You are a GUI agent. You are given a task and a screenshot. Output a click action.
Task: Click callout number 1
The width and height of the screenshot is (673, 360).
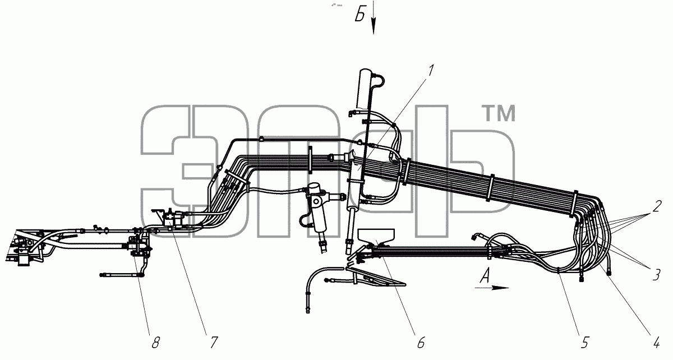pos(431,71)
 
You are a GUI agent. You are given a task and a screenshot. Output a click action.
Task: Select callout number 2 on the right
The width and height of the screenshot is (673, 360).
pos(657,206)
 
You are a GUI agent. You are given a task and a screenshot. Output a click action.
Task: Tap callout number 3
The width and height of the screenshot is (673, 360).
pos(656,275)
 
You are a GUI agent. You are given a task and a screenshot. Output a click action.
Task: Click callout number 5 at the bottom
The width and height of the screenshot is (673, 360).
pos(584,342)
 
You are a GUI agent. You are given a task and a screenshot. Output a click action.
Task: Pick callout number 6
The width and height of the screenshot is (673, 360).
pos(421,342)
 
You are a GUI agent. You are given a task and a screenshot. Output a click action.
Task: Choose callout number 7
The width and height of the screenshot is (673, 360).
pos(213,342)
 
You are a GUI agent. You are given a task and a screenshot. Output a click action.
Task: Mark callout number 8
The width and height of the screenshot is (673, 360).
pos(155,342)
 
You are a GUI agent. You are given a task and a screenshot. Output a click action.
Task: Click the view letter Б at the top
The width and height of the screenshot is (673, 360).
pos(360,15)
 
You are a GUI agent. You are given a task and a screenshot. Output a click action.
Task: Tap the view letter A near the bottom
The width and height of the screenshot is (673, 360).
pos(485,276)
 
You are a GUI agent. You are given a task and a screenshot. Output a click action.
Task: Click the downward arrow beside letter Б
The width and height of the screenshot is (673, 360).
pos(374,17)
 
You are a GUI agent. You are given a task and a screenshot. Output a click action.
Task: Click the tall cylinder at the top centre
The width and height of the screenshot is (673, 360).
pos(363,89)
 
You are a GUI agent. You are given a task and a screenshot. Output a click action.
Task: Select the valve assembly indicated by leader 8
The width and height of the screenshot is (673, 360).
pos(139,247)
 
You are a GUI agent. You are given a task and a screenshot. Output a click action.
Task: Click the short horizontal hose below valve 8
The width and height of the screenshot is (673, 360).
pos(120,274)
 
